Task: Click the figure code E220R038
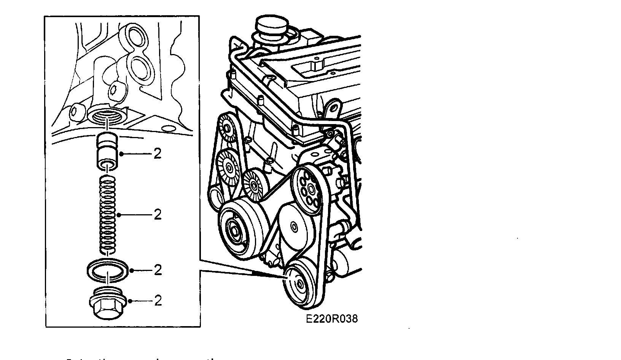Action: coord(331,319)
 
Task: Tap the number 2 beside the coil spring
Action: coord(158,215)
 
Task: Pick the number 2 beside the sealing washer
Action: coord(158,270)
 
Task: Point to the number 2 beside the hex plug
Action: coord(158,301)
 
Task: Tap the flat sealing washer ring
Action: coord(108,271)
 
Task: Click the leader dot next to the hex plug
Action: coord(131,301)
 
